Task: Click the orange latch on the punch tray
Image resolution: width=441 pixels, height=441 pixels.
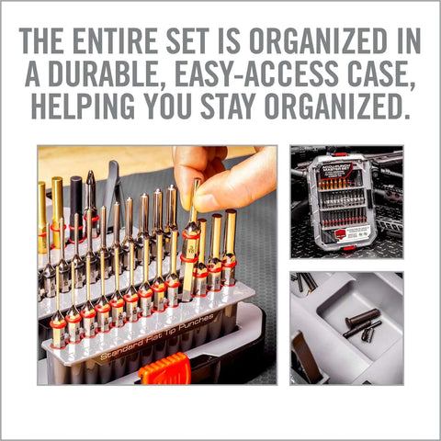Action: pos(165,369)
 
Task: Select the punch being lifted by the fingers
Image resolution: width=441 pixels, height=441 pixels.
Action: pos(191,239)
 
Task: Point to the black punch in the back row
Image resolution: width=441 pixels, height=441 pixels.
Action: pos(76,198)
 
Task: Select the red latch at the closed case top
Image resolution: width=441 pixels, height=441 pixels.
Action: pos(341,154)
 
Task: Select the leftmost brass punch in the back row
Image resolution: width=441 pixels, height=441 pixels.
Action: pos(42,216)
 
